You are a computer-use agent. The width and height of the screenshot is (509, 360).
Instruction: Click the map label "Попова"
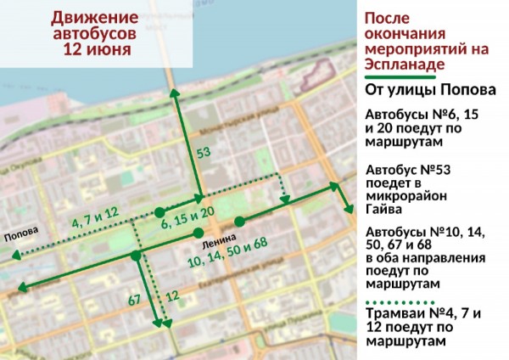click(x=20, y=238)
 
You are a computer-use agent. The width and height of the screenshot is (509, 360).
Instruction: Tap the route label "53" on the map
click(x=203, y=154)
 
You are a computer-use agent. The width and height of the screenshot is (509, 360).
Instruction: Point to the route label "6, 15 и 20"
click(x=187, y=222)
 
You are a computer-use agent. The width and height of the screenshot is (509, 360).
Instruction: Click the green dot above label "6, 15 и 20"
click(x=159, y=211)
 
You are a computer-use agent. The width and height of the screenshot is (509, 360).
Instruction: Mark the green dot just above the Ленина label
click(x=198, y=233)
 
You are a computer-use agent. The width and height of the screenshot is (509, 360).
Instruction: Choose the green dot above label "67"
click(x=136, y=255)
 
